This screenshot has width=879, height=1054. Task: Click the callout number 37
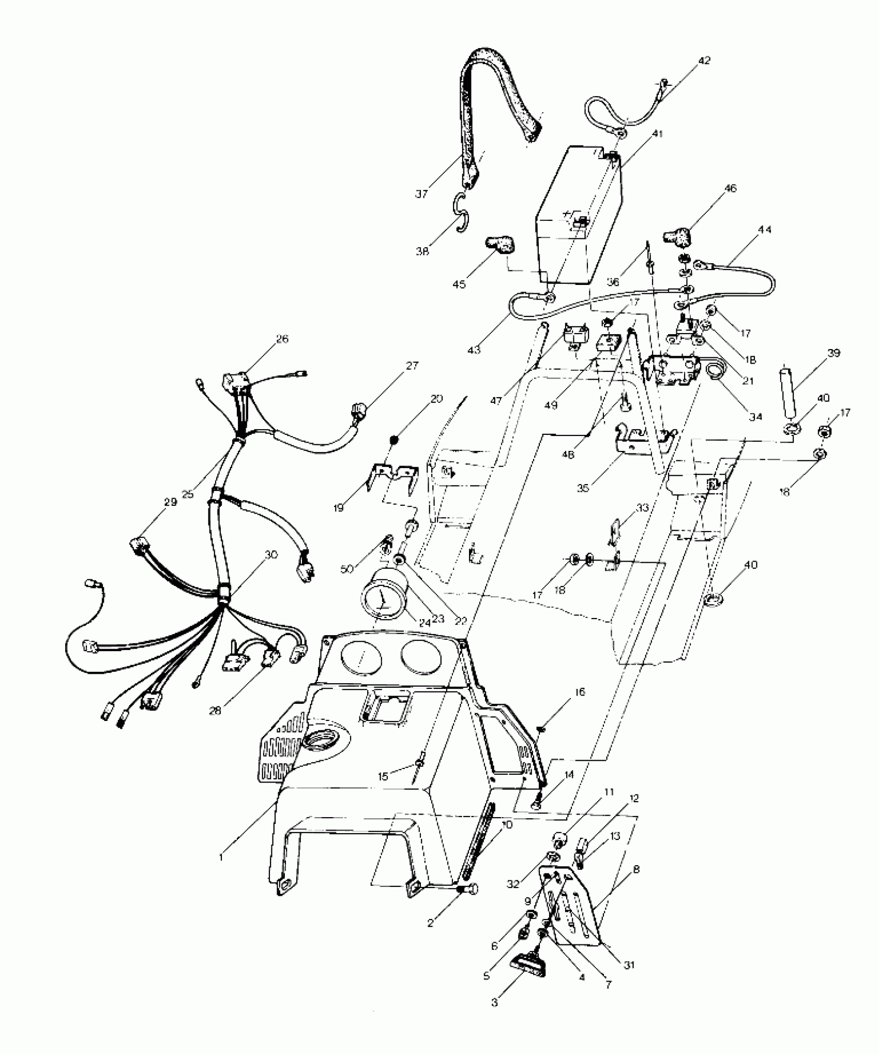pyautogui.click(x=421, y=194)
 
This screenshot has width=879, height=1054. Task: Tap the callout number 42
pyautogui.click(x=704, y=61)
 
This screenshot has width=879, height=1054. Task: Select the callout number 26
pyautogui.click(x=282, y=339)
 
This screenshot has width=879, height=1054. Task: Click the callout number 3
pyautogui.click(x=495, y=1002)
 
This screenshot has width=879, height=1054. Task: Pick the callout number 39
pyautogui.click(x=833, y=353)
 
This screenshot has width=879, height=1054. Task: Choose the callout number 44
pyautogui.click(x=765, y=230)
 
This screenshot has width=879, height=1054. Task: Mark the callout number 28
pyautogui.click(x=215, y=711)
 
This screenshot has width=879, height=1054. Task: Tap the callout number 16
pyautogui.click(x=580, y=692)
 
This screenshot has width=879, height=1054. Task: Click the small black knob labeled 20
pyautogui.click(x=393, y=439)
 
